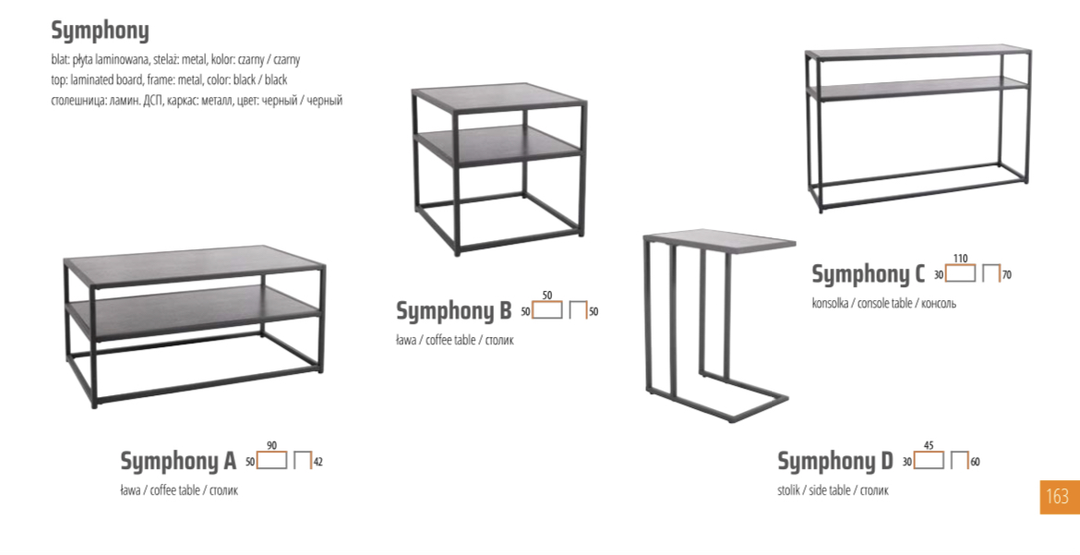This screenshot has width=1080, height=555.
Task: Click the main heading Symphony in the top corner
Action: coord(100,31)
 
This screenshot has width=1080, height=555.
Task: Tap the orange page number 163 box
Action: coord(1060,497)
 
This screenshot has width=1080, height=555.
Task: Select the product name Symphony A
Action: coord(178,461)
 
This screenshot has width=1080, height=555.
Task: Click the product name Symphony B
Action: coord(453,311)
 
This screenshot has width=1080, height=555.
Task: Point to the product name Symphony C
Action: coord(868,274)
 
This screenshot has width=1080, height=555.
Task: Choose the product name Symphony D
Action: coord(834,461)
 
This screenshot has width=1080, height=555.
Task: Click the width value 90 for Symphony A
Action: coord(271,445)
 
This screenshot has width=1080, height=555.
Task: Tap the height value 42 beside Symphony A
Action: coord(318,462)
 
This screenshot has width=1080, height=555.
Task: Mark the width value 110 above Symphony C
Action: coord(960,259)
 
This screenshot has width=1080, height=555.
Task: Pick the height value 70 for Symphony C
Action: coord(1007,275)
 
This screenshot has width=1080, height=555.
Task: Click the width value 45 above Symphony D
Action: coord(929,445)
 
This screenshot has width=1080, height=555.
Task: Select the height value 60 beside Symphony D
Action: coord(975,462)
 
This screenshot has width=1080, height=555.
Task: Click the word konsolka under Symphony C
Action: coord(830,303)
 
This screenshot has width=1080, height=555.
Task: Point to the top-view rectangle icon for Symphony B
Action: coord(546,309)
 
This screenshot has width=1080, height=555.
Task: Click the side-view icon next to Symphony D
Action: coord(959,460)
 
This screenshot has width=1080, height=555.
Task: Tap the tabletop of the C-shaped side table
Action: coord(720,241)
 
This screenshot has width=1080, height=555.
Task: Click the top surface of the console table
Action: coord(918,53)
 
